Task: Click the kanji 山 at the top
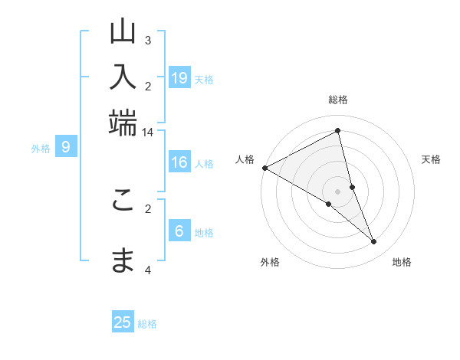[123, 31]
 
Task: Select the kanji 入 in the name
[123, 77]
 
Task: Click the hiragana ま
[123, 260]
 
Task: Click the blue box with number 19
[179, 78]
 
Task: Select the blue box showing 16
[179, 162]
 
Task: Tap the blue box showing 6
[179, 232]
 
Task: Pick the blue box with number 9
[66, 148]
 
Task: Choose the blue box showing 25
[123, 322]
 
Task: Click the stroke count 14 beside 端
[147, 132]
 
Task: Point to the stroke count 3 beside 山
[148, 40]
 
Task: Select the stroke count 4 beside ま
[148, 270]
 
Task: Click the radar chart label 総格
[338, 100]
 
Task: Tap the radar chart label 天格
[431, 159]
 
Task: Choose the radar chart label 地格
[402, 262]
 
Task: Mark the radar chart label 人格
[245, 159]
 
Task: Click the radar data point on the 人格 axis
[265, 168]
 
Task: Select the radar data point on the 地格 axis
[374, 242]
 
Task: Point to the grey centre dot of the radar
[338, 191]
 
